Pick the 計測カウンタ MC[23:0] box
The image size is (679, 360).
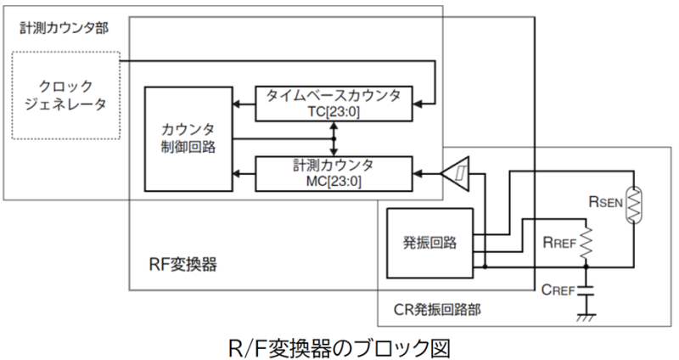[334, 172]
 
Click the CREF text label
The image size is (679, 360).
[556, 289]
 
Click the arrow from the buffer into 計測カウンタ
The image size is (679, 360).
[424, 174]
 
